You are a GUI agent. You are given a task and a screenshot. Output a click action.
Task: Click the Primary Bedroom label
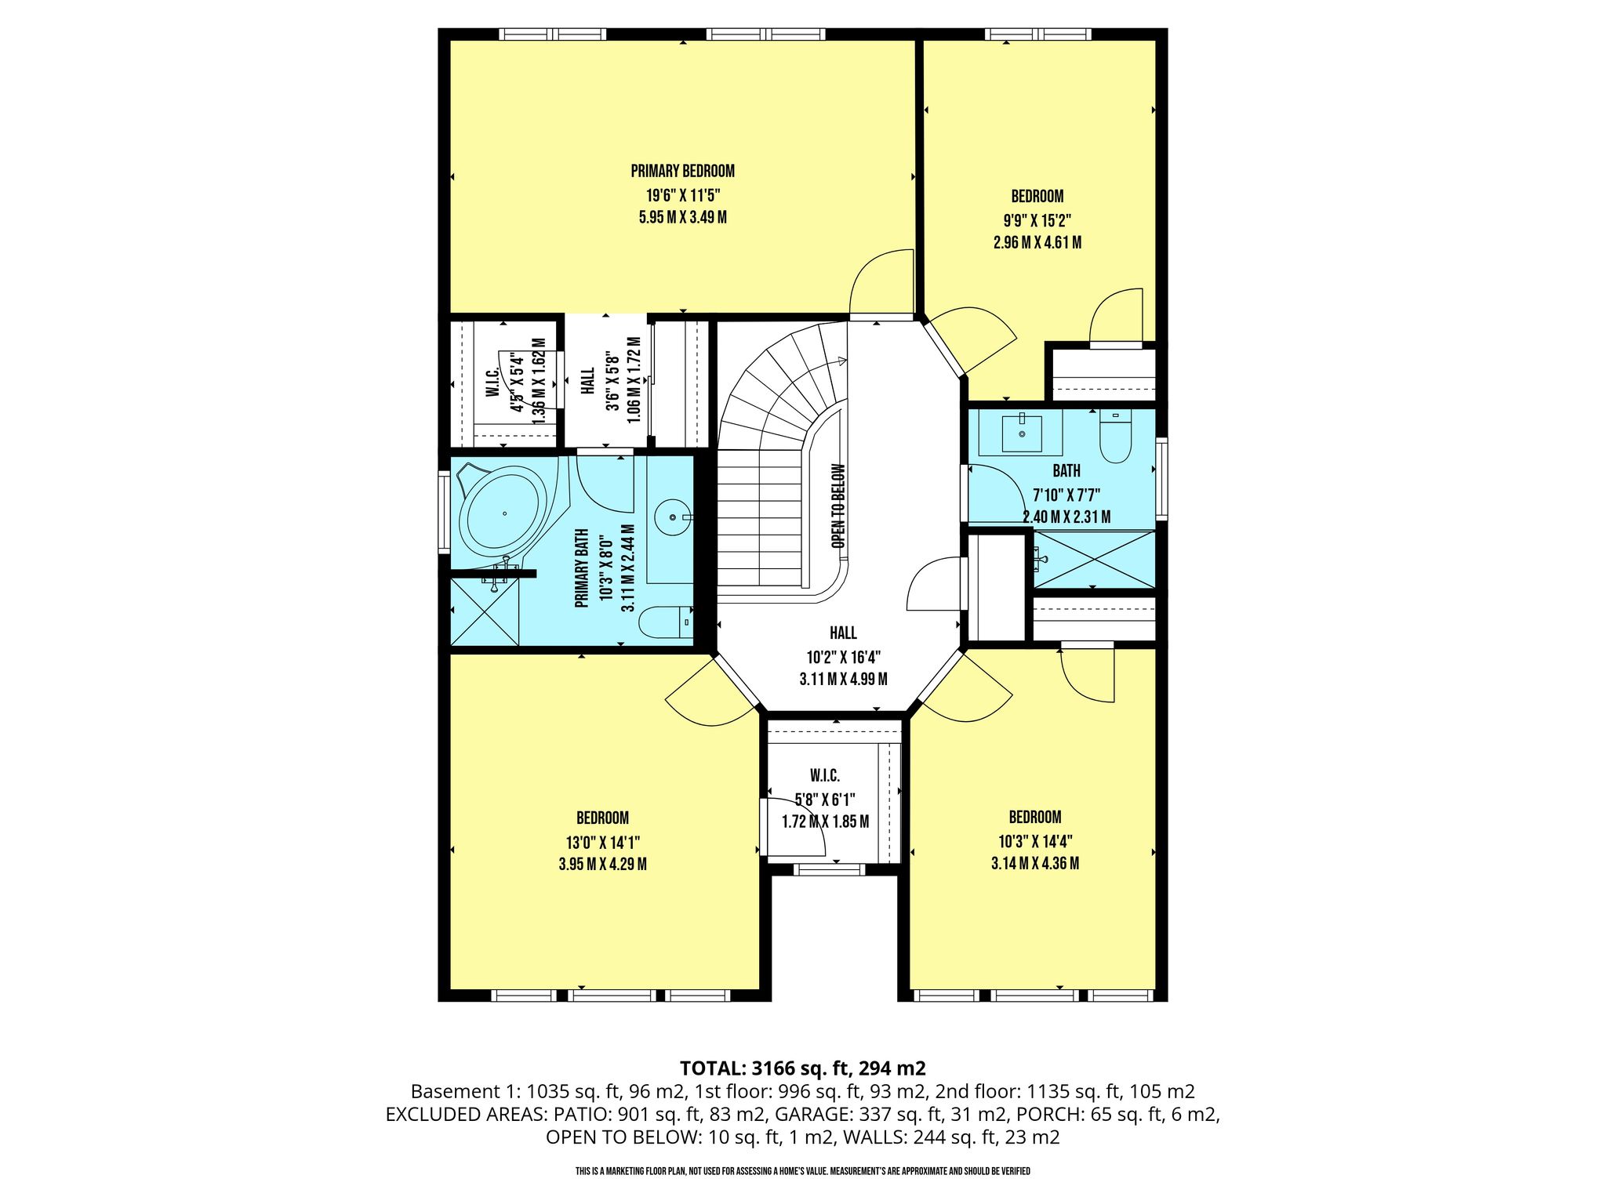tap(682, 171)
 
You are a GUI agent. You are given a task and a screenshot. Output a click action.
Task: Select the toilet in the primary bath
tap(666, 622)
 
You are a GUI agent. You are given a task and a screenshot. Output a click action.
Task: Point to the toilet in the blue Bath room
tap(1115, 437)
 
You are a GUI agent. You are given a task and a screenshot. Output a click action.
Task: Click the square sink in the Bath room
tap(1022, 433)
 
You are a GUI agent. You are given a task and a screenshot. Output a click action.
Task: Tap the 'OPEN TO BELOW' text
tap(838, 506)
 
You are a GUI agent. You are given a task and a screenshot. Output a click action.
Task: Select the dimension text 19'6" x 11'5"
tap(682, 194)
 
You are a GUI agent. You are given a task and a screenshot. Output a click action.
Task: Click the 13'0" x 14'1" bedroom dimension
tap(602, 843)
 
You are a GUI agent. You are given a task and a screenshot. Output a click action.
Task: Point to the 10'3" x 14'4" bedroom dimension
tap(1035, 841)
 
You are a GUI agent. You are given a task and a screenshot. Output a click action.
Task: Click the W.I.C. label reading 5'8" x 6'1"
tap(825, 799)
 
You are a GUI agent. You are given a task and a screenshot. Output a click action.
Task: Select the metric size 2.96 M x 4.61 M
tap(1037, 242)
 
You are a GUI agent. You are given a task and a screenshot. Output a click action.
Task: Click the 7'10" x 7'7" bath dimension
tap(1066, 495)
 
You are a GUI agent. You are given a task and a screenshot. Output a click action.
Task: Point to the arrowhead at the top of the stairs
tap(842, 361)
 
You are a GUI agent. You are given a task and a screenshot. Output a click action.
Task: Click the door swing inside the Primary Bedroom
tap(881, 281)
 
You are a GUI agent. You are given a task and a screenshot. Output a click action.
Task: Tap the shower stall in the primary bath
tap(484, 612)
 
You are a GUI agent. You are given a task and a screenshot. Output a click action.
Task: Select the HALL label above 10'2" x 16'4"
tap(843, 633)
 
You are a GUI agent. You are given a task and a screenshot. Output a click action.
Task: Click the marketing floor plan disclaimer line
tap(802, 1171)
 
